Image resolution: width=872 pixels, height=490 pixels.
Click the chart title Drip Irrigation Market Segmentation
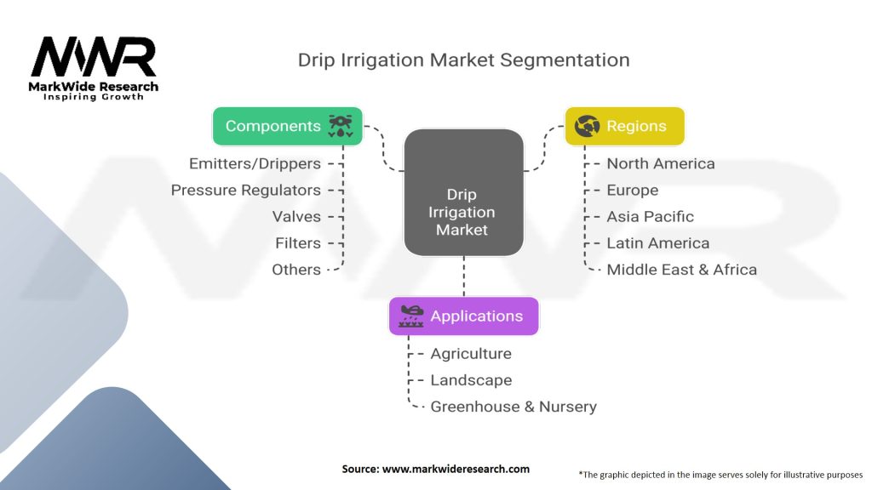pos(463,60)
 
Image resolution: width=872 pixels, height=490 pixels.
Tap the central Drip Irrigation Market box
pos(463,193)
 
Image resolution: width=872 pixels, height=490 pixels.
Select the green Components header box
pos(287,126)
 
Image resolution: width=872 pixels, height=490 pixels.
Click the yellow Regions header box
pos(624,126)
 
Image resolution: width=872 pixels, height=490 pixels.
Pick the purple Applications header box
pos(463,316)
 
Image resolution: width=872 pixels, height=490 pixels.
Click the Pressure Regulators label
pos(246,190)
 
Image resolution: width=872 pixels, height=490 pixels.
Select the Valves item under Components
pos(296,216)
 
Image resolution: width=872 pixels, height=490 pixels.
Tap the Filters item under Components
pos(298,242)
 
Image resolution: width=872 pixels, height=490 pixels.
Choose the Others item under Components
pos(296,270)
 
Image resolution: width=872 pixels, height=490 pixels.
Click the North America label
pos(660,163)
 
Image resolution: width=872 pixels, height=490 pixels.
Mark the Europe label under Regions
pos(632,190)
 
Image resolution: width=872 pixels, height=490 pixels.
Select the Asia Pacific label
pos(650,216)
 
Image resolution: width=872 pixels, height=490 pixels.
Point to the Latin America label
pos(657,242)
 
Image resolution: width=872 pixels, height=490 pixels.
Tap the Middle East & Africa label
pos(681,270)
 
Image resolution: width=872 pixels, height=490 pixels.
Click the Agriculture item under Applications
pos(471,353)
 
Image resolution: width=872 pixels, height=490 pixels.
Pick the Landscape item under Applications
pos(471,379)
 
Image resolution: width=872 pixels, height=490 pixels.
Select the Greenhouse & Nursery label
pos(513,407)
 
